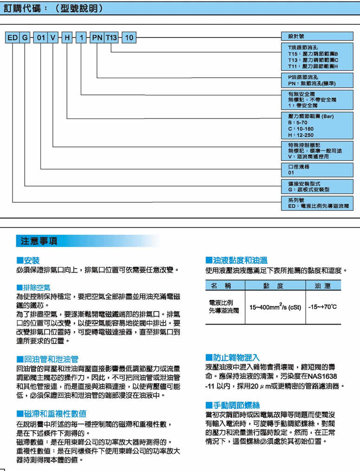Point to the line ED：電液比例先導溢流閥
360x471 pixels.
click(x=318, y=205)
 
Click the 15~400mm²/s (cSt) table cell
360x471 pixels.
click(x=275, y=307)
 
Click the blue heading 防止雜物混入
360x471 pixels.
click(x=236, y=357)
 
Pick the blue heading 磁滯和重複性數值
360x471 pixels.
click(x=54, y=413)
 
